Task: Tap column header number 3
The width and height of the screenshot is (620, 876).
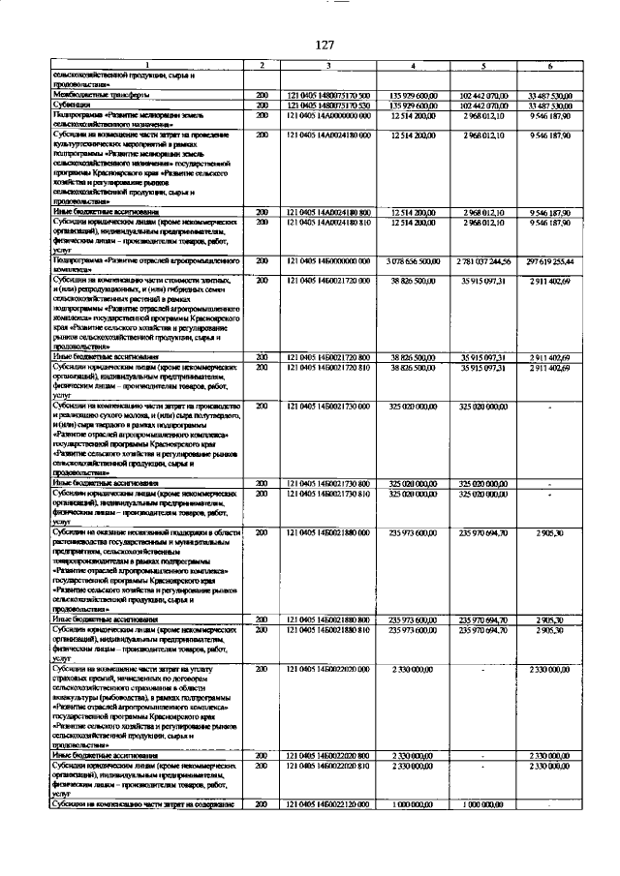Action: pyautogui.click(x=328, y=65)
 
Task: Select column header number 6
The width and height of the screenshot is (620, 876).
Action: pyautogui.click(x=549, y=65)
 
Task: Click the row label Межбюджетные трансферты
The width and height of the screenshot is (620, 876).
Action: pyautogui.click(x=102, y=95)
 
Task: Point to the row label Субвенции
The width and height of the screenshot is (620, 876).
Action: pyautogui.click(x=73, y=105)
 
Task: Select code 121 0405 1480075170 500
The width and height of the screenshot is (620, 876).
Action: pyautogui.click(x=328, y=95)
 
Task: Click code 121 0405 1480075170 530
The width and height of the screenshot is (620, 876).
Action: pyautogui.click(x=328, y=105)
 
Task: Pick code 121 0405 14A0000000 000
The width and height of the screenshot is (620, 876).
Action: pyautogui.click(x=328, y=115)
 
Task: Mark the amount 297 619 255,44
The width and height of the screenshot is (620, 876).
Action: pyautogui.click(x=549, y=261)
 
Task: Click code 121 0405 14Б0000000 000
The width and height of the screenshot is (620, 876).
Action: pyautogui.click(x=328, y=261)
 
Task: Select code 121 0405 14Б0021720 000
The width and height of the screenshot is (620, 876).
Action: pyautogui.click(x=328, y=279)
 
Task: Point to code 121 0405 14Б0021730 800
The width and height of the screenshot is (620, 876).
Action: pyautogui.click(x=328, y=482)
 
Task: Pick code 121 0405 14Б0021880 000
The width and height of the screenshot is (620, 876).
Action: pyautogui.click(x=328, y=531)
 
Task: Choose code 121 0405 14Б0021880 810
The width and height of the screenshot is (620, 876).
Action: pyautogui.click(x=328, y=629)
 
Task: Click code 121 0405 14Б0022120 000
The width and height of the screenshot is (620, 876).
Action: pyautogui.click(x=328, y=804)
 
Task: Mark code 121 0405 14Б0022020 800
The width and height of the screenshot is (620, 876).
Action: pyautogui.click(x=328, y=755)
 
